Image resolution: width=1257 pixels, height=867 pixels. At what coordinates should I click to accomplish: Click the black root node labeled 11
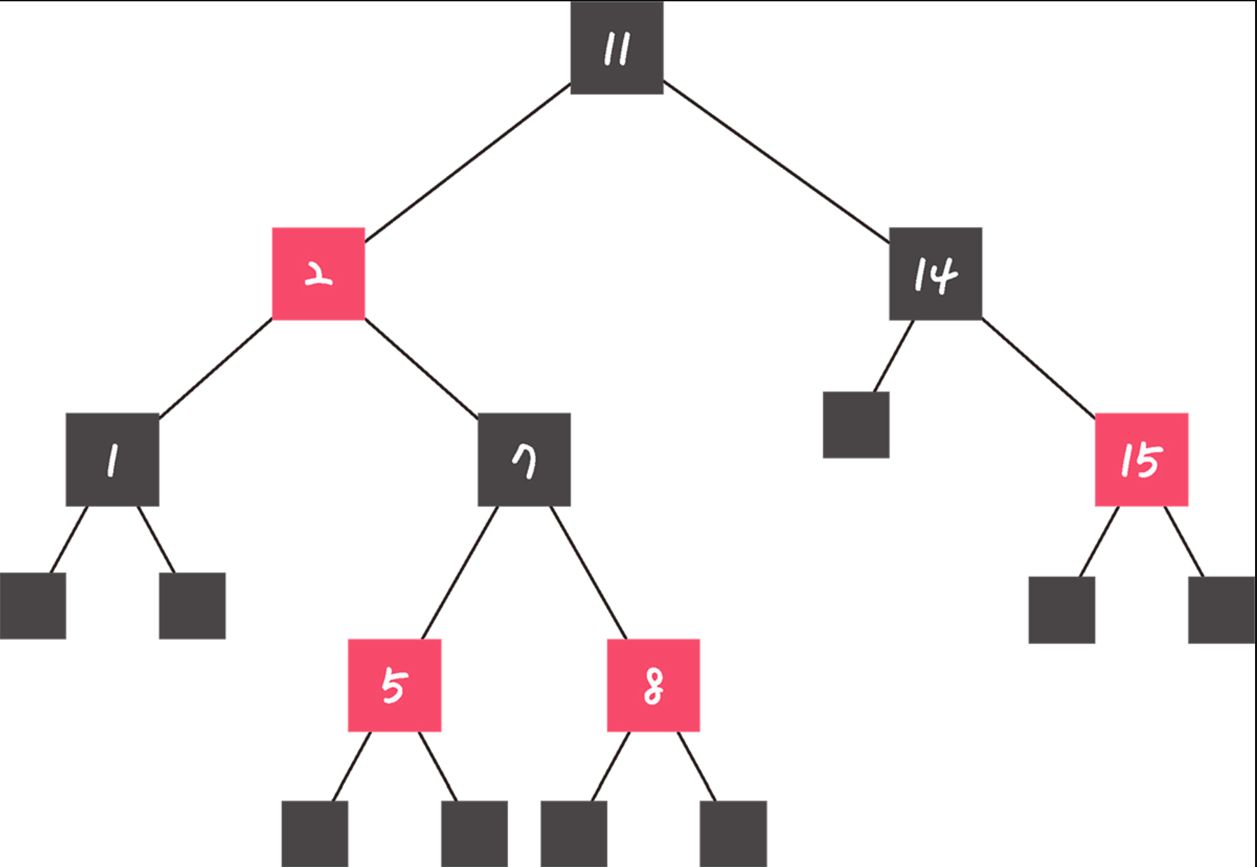pyautogui.click(x=617, y=48)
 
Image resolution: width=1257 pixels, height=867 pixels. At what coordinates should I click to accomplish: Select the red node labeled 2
pyautogui.click(x=319, y=273)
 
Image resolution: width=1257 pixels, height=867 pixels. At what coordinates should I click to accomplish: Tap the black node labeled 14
pyautogui.click(x=935, y=273)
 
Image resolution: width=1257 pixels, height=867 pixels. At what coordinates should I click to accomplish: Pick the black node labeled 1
pyautogui.click(x=112, y=459)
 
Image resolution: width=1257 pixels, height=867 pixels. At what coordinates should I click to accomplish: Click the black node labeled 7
pyautogui.click(x=524, y=459)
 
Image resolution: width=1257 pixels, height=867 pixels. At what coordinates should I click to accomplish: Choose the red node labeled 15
pyautogui.click(x=1141, y=459)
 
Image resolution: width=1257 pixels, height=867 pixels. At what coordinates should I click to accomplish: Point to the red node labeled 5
pyautogui.click(x=394, y=685)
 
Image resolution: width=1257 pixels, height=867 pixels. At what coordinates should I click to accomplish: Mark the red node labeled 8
pyautogui.click(x=653, y=685)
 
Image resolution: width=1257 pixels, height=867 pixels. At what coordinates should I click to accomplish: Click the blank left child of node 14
pyautogui.click(x=855, y=424)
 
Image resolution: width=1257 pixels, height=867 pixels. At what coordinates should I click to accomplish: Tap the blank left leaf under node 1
pyautogui.click(x=33, y=605)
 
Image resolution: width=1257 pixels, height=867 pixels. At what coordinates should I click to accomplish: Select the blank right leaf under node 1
pyautogui.click(x=192, y=605)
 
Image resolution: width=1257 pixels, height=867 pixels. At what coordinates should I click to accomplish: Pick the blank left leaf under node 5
pyautogui.click(x=315, y=834)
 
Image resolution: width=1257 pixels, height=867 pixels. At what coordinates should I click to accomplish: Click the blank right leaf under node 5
pyautogui.click(x=474, y=834)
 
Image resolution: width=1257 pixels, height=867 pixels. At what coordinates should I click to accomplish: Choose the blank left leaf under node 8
pyautogui.click(x=574, y=834)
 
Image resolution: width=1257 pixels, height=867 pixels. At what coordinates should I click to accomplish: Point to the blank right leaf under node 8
pyautogui.click(x=733, y=834)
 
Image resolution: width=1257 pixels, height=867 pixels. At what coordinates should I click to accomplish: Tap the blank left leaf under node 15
pyautogui.click(x=1061, y=609)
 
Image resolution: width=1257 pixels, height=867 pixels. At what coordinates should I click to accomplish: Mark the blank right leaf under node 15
pyautogui.click(x=1221, y=609)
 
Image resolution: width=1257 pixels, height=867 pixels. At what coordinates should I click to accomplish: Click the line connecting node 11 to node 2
pyautogui.click(x=468, y=162)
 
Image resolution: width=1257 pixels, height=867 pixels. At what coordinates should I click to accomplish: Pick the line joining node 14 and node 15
pyautogui.click(x=1039, y=367)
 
